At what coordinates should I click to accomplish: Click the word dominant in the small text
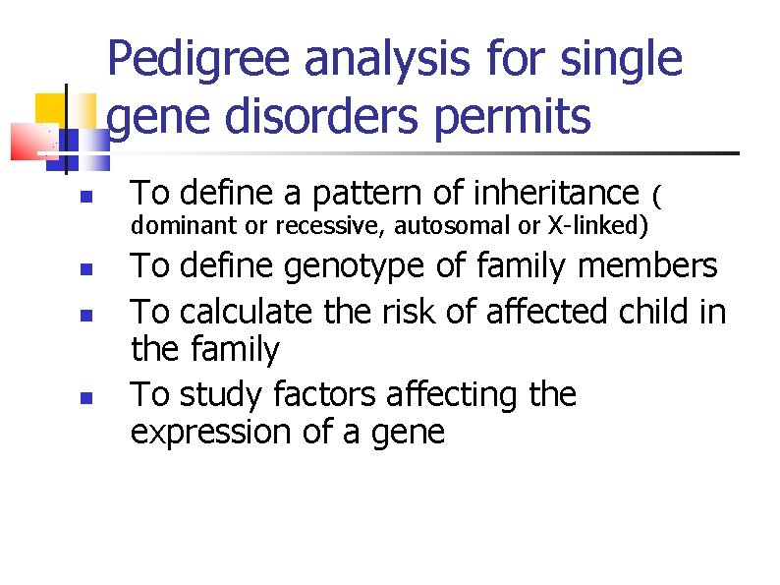coord(185,227)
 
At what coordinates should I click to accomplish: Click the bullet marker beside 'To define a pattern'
coord(86,197)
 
